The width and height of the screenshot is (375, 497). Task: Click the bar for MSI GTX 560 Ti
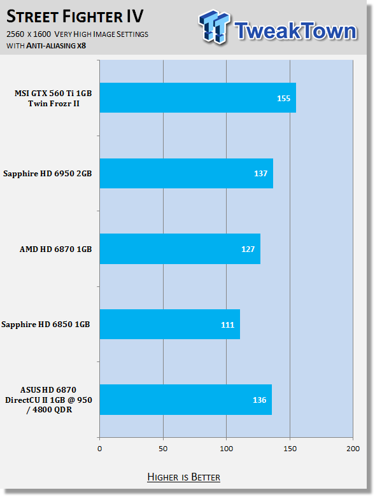198,97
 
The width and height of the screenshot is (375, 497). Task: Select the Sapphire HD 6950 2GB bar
187,173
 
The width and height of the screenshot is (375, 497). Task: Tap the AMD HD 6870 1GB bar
180,249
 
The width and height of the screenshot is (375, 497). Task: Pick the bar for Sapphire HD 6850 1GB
170,325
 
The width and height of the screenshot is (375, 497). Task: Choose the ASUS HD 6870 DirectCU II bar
186,400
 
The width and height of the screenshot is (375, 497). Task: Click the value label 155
284,99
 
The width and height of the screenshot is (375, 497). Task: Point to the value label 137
260,174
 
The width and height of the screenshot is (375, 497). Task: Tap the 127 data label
248,249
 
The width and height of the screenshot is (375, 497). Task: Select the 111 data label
227,325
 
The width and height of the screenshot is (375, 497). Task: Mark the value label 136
259,400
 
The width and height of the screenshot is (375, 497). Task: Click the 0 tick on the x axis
100,449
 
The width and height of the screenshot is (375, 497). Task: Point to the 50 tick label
163,449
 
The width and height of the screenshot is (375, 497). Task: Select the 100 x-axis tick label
226,449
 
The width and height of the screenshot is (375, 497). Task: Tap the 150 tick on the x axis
290,449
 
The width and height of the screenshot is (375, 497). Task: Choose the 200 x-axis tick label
353,449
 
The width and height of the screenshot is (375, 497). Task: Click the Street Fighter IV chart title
75,17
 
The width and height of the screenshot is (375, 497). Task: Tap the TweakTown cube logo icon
215,27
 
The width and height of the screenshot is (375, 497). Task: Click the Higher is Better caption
183,477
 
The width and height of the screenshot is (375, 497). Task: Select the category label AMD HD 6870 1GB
56,249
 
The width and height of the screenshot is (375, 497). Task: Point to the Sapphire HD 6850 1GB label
46,325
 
